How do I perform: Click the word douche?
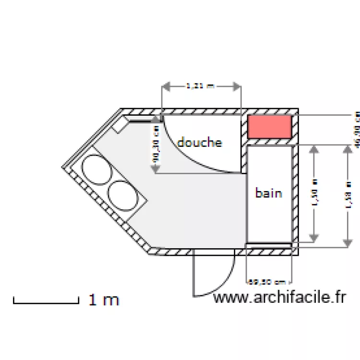point(200,143)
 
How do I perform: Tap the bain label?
point(268,193)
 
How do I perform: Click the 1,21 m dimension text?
point(200,86)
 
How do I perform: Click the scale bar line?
point(46,302)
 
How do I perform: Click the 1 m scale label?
point(104,300)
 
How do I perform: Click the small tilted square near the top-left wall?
point(120,126)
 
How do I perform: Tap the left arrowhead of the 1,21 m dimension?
point(165,86)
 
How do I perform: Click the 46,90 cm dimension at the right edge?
point(356,130)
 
